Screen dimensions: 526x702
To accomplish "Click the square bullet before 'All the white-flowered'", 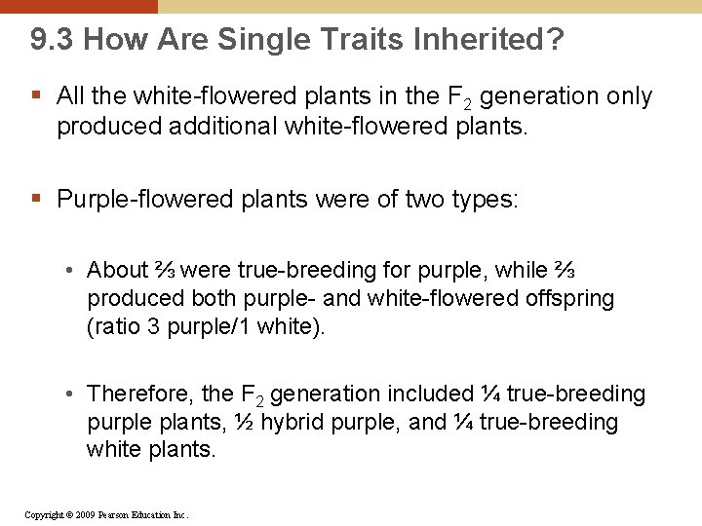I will coord(36,96).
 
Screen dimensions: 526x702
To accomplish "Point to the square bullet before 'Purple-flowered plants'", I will coord(36,200).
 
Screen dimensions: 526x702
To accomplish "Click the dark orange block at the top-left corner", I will coord(78,6).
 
